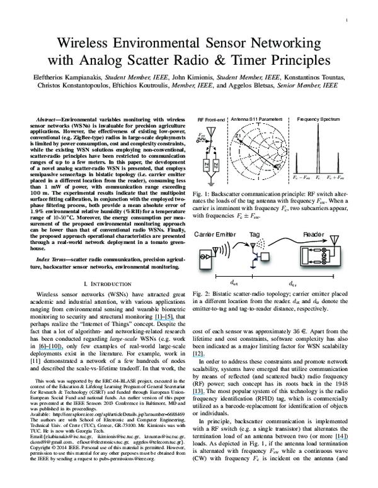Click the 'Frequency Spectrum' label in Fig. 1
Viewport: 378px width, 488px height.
[318, 119]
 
